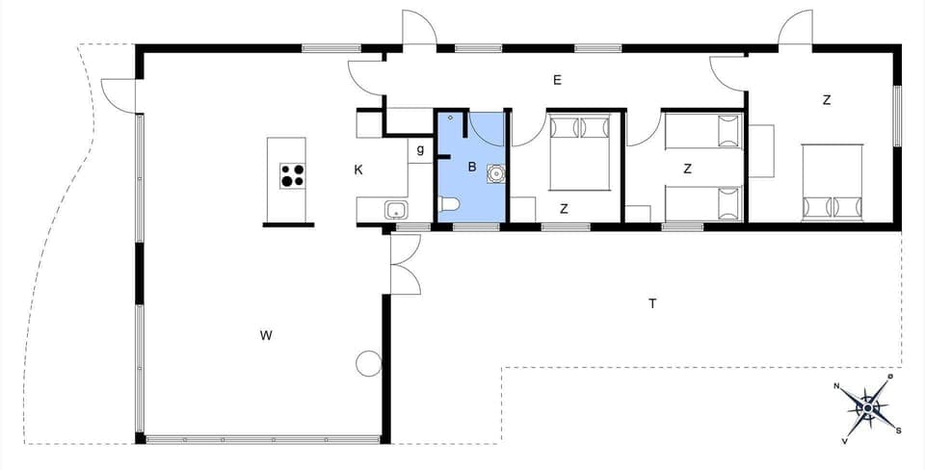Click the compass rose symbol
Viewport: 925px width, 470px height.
pyautogui.click(x=869, y=408)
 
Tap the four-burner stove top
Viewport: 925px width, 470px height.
pyautogui.click(x=293, y=175)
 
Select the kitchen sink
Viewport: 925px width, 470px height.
pyautogui.click(x=394, y=209)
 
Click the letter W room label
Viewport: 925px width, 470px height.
pyautogui.click(x=266, y=335)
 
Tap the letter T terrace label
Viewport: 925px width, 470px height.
pyautogui.click(x=652, y=303)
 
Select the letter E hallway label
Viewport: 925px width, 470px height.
pyautogui.click(x=557, y=80)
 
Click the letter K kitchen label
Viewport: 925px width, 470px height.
pyautogui.click(x=358, y=170)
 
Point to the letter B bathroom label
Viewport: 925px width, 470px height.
pyautogui.click(x=472, y=167)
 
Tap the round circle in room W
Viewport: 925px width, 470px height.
pyautogui.click(x=368, y=363)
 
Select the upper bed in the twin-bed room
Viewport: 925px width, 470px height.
pyautogui.click(x=703, y=131)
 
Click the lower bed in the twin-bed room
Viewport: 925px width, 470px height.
pyautogui.click(x=703, y=202)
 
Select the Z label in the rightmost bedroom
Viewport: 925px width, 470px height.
pyautogui.click(x=827, y=99)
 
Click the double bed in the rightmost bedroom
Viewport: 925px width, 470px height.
pyautogui.click(x=832, y=181)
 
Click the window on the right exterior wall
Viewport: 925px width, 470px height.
pyautogui.click(x=896, y=116)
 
